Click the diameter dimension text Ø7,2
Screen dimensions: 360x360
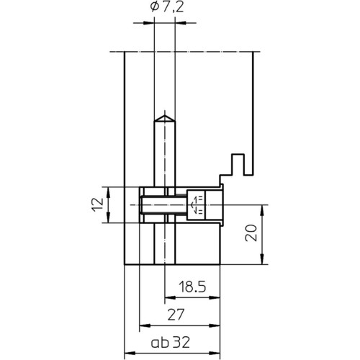coord(167,7)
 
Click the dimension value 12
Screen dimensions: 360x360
coord(97,204)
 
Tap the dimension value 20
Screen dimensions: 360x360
coord(251,233)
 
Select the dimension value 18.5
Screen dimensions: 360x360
coord(192,287)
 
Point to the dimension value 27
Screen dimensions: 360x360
coord(176,315)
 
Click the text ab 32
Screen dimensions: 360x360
coord(171,343)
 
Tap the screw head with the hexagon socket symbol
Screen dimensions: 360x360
coord(196,204)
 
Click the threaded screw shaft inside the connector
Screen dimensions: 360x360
coord(164,204)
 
